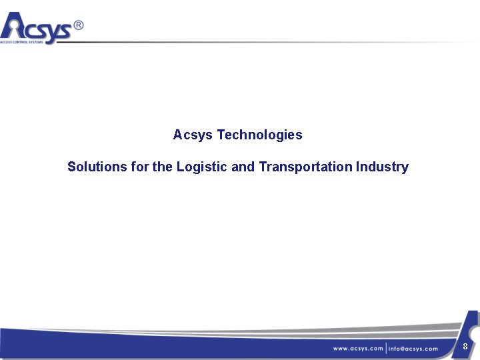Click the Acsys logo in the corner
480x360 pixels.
40,28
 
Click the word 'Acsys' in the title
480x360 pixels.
193,135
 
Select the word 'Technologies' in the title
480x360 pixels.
259,135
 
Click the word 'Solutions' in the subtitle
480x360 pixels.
97,167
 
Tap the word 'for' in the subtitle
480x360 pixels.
140,167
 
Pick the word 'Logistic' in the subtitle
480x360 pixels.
202,167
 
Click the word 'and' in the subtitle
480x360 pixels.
243,167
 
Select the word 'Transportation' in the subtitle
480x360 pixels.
305,167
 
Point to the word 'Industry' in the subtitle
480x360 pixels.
382,167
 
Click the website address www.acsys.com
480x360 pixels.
358,349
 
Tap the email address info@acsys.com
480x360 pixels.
413,349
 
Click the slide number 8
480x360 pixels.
465,346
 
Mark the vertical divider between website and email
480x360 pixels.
386,349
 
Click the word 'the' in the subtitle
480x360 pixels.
162,167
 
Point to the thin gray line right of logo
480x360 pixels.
267,43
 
